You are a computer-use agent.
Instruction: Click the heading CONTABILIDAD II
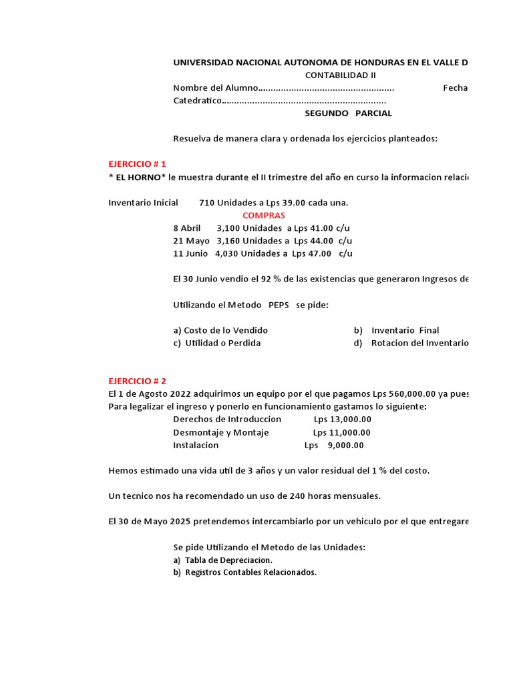point(341,75)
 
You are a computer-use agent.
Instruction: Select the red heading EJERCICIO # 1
point(137,164)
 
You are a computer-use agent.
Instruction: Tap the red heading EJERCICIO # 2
point(137,381)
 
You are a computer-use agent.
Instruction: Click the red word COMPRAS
point(263,215)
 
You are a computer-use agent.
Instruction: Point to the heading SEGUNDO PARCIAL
point(348,113)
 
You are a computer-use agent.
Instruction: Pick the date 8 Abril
point(186,228)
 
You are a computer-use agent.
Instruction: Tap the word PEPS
point(279,305)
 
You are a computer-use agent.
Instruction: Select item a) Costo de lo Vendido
point(220,330)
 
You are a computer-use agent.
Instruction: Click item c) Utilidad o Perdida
point(216,343)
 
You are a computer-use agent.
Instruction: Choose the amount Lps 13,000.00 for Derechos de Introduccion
point(342,419)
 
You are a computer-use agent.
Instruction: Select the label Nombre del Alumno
point(214,88)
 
